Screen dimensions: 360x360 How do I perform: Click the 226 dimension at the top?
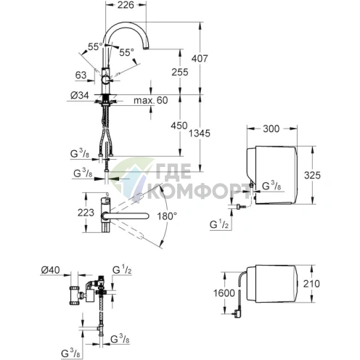126,5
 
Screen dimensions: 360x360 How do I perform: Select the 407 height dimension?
200,58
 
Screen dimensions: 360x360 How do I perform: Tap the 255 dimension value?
180,72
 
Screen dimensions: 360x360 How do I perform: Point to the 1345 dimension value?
200,134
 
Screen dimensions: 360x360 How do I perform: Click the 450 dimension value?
179,126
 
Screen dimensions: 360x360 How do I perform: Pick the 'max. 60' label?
151,100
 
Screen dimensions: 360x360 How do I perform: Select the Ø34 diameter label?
80,95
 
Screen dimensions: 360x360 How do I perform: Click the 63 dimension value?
81,75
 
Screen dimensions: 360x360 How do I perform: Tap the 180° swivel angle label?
167,216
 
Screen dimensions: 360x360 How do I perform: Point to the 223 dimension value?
86,213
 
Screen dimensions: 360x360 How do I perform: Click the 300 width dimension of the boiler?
271,128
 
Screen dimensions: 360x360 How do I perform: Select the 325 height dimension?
312,175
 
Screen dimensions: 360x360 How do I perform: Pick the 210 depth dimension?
311,284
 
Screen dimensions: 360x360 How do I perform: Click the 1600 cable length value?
224,293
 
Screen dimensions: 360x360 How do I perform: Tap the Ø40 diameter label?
50,270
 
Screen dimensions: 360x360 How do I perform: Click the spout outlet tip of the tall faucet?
146,49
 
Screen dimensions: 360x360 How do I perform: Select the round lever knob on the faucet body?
105,80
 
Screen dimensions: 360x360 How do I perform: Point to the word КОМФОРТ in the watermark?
195,192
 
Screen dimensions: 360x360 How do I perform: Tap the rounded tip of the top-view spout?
145,216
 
